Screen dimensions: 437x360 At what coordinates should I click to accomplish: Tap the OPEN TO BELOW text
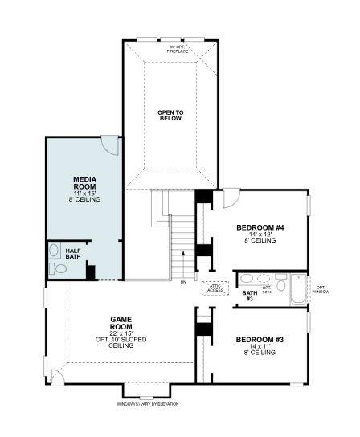coord(170,114)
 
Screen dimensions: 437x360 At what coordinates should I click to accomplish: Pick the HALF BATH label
coord(73,252)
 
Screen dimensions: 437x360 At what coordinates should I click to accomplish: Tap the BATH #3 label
coord(249,296)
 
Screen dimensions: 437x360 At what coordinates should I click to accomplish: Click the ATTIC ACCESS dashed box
coord(215,288)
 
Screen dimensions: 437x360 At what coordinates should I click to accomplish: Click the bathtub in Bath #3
coord(298,291)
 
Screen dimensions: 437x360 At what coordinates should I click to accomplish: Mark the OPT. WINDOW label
coord(320,289)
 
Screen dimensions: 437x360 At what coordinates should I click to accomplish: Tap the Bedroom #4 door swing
coord(231,198)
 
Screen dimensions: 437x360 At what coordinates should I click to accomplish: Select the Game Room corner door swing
coord(56,376)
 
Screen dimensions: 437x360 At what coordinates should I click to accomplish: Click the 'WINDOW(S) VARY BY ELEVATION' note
coord(148,403)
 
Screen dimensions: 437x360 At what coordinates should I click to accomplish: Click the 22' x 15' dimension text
coord(121,333)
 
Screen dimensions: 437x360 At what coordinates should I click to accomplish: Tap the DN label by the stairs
coord(183,283)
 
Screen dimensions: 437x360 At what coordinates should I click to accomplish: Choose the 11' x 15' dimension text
coord(85,194)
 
